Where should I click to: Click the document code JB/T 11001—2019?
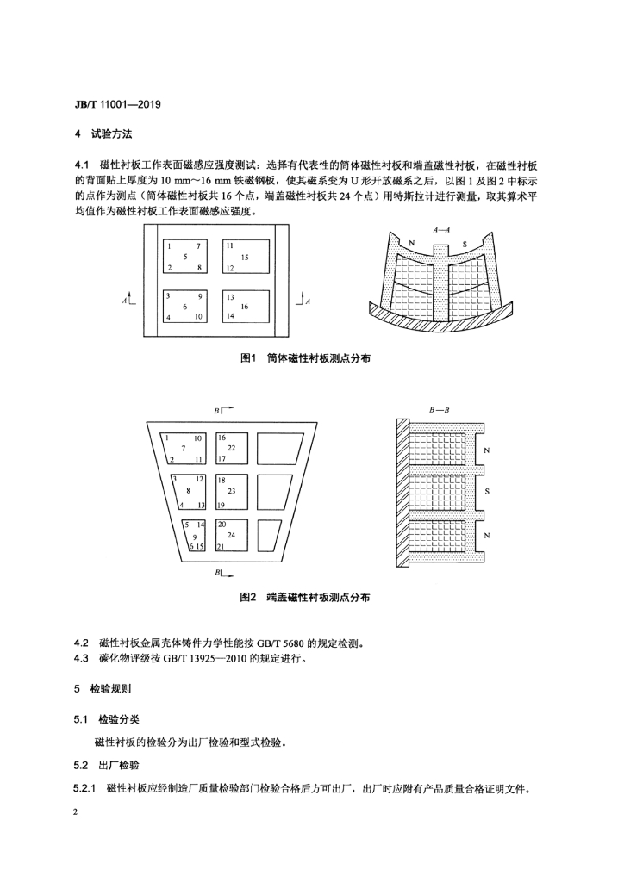117,104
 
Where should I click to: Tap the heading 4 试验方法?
103,134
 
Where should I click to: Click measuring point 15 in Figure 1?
245,257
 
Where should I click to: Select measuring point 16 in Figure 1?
245,307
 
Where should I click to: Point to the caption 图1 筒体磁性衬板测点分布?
305,358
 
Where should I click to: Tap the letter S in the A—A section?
465,244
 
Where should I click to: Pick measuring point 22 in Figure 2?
231,448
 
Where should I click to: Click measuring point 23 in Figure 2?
231,491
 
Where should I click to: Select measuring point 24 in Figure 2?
231,535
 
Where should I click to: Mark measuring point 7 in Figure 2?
183,448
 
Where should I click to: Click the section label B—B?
439,410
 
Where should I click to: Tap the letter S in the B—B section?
487,492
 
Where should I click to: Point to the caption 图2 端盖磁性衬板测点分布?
305,598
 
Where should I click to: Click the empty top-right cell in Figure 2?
280,448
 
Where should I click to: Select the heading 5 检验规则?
103,688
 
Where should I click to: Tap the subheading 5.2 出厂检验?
106,765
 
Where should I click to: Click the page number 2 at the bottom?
76,812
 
